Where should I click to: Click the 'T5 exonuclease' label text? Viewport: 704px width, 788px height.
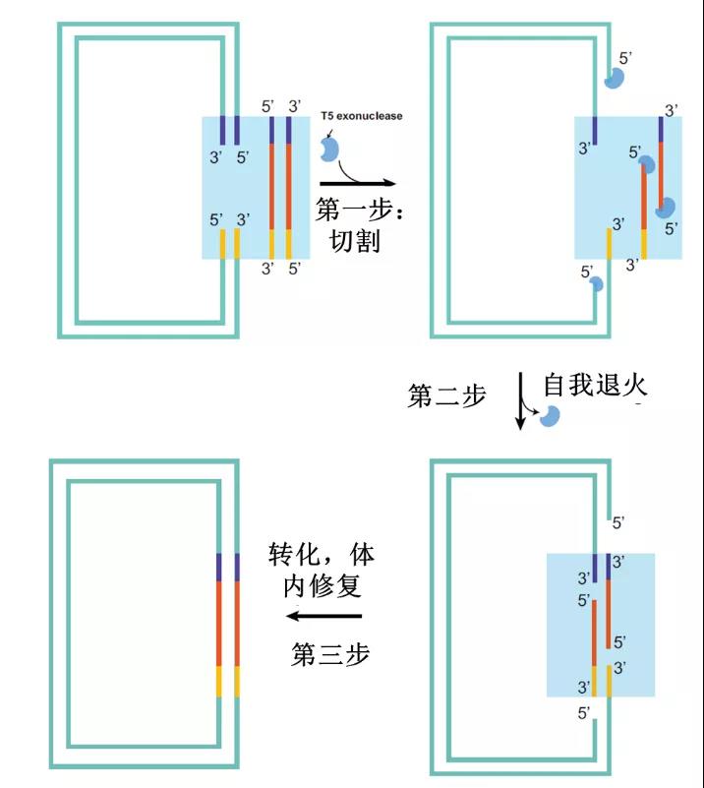pyautogui.click(x=361, y=116)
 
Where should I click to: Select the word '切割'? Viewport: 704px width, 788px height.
pyautogui.click(x=355, y=241)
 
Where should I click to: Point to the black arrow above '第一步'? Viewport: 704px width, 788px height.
pyautogui.click(x=357, y=183)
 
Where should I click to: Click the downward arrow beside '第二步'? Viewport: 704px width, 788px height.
pyautogui.click(x=520, y=399)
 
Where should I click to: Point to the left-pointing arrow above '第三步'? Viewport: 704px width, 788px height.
pyautogui.click(x=323, y=617)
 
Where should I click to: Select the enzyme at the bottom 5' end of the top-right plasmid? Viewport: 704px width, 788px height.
pyautogui.click(x=595, y=284)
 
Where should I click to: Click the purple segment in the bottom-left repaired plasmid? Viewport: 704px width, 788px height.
pyautogui.click(x=228, y=568)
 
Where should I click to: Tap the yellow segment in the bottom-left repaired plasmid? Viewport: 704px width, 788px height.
pyautogui.click(x=228, y=681)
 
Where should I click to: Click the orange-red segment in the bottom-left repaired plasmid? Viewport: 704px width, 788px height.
pyautogui.click(x=228, y=624)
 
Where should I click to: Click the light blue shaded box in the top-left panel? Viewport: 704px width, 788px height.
pyautogui.click(x=255, y=187)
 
